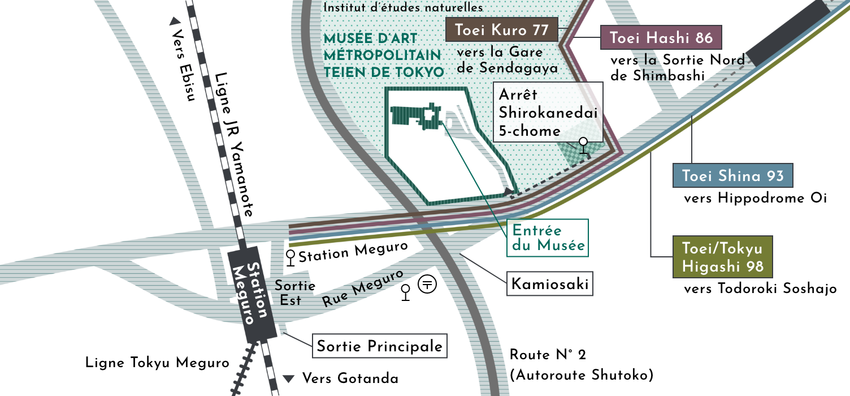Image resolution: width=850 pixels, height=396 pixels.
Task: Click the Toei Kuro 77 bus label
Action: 502,31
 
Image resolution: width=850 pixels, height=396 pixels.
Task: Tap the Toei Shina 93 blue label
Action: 732,175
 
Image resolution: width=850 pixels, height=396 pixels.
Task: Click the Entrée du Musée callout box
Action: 547,238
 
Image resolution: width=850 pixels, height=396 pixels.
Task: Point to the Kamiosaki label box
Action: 549,285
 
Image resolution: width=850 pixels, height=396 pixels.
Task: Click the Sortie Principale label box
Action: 379,346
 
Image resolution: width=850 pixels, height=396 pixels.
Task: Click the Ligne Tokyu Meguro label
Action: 157,363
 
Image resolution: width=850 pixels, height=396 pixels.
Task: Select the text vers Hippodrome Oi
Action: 755,198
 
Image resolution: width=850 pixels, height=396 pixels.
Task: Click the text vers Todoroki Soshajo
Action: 760,289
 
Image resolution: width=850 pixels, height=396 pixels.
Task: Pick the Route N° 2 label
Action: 548,355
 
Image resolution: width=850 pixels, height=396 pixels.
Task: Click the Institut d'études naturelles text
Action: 403,8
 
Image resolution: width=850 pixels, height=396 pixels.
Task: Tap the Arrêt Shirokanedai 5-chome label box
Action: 548,112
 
